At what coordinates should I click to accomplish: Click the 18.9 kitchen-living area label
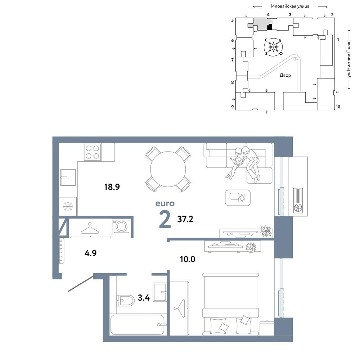coord(112,187)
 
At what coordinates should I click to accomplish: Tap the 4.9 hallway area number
coord(90,253)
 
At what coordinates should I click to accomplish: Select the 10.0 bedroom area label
coord(187,259)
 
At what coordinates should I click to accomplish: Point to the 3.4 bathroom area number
coord(144,298)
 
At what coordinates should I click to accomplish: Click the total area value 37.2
coord(185,219)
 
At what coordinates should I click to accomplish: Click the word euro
coord(165,203)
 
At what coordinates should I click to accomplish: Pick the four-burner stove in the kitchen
coord(92,152)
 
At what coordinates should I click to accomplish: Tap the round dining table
coord(168,169)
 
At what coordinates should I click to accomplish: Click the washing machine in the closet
coord(121,226)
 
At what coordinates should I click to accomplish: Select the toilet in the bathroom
coord(125,300)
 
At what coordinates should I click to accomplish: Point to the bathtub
coord(138,325)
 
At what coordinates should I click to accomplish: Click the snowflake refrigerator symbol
coord(68,206)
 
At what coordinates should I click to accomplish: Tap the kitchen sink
coord(68,177)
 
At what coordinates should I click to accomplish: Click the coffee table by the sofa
coord(238,198)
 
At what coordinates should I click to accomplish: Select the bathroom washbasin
coord(160,292)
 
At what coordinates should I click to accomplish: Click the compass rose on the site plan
coord(273,47)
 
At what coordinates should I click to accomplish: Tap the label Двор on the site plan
coord(285,75)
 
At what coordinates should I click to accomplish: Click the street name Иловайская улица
coord(290,6)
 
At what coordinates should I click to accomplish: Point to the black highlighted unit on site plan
coord(270,27)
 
